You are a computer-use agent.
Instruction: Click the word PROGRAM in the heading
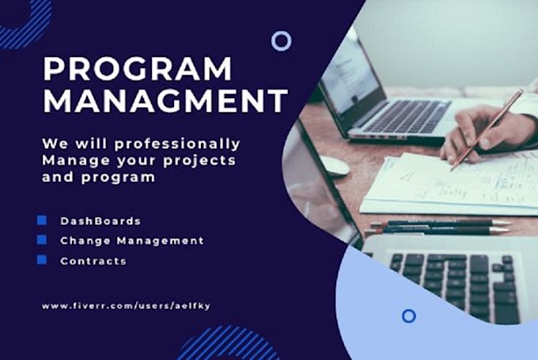point(138,69)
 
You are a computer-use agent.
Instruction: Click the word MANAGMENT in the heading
point(165,102)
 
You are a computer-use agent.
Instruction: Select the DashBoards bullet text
point(100,221)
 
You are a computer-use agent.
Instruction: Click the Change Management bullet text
point(131,240)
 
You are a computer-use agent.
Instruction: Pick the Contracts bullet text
point(93,260)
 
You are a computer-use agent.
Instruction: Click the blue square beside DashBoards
point(42,220)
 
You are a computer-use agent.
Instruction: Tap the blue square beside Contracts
point(42,259)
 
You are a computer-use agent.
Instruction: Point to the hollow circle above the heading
point(281,41)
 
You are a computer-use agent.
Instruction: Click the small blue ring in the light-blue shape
point(408,316)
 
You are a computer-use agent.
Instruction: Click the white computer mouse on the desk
point(334,166)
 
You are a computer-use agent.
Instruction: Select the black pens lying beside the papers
point(443,227)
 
